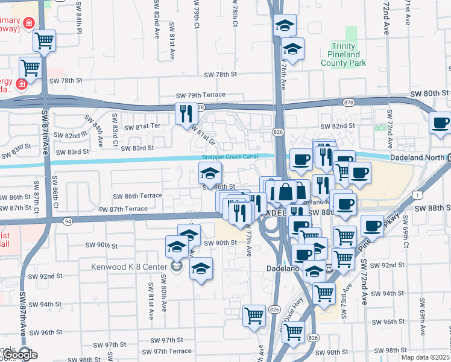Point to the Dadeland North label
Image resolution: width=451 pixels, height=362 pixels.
coord(418,157)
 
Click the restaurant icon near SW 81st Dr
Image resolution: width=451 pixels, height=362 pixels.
coord(185,112)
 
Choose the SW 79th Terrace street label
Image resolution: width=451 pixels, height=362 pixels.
coord(200,95)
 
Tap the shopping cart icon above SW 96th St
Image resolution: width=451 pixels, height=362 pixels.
coord(254,314)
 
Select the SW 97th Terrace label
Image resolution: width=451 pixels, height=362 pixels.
coord(163,351)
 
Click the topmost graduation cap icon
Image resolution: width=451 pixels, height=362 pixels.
coord(285,25)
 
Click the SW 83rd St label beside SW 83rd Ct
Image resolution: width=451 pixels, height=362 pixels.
coord(137,148)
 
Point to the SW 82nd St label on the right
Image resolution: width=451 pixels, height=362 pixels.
coord(336,125)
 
